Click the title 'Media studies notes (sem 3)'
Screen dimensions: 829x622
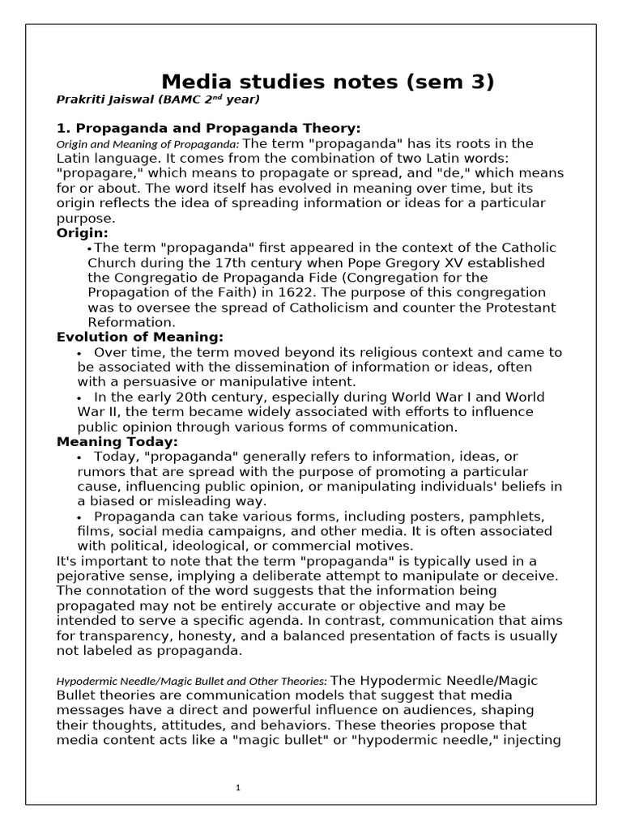click(327, 82)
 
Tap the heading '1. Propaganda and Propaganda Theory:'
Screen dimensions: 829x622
click(208, 129)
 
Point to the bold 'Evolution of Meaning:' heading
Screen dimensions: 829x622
click(139, 337)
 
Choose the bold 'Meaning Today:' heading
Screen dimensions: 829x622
click(117, 442)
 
